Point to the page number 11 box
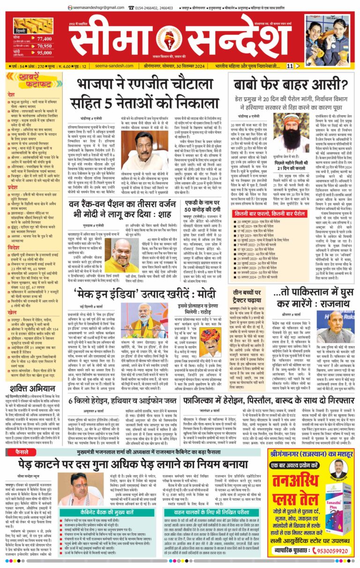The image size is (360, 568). point(291,66)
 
